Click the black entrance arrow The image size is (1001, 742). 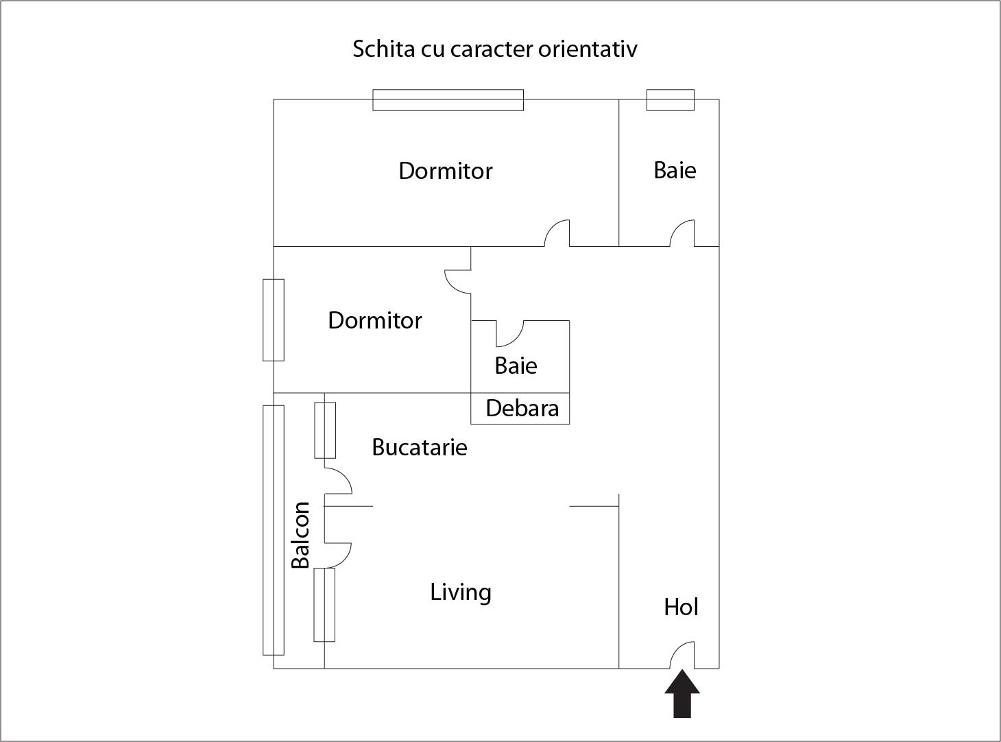pos(682,694)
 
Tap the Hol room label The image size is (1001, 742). pos(681,607)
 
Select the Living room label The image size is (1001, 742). pos(461,592)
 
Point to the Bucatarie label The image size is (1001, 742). pos(420,447)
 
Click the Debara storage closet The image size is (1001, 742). pos(521,409)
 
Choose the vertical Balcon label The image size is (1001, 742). pos(300,535)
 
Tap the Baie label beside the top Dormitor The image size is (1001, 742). pos(675,170)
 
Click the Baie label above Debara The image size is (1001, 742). pos(516,366)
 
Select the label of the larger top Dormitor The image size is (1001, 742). pos(446,171)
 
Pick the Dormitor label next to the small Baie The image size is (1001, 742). pos(375,320)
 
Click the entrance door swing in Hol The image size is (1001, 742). pos(683,654)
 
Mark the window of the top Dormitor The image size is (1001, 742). pos(448,100)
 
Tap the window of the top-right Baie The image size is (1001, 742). pos(671,100)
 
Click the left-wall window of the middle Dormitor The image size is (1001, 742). pos(274,320)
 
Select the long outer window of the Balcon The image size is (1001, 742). pos(274,529)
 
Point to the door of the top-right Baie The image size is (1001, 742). pos(683,233)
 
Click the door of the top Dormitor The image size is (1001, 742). pos(557,233)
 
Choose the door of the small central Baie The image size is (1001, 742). pos(509,333)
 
